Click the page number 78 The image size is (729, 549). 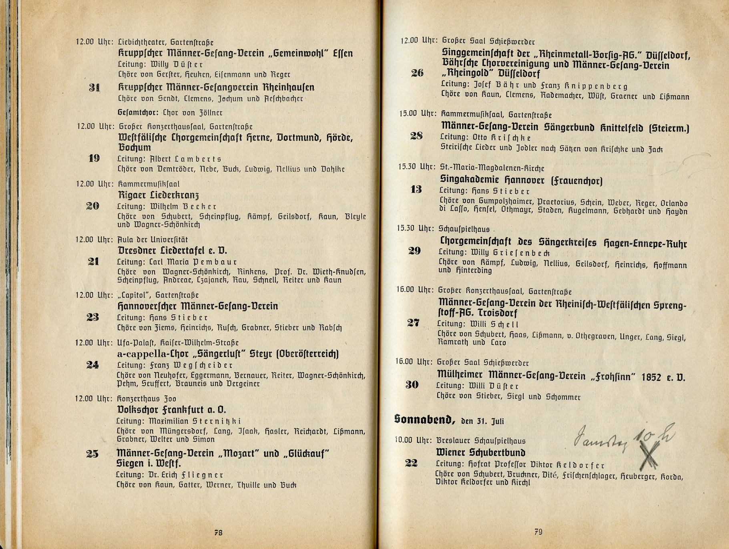point(218,533)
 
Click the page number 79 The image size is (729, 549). point(538,532)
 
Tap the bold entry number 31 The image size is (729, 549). point(94,88)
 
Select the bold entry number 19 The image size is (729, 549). point(94,159)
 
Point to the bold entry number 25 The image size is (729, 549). point(92,454)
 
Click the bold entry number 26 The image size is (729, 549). point(417,73)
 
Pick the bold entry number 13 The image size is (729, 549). point(416,189)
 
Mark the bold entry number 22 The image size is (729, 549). point(411,463)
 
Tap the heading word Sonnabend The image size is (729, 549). point(424,419)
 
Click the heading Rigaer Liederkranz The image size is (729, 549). point(159,195)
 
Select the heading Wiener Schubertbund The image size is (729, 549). point(480,452)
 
